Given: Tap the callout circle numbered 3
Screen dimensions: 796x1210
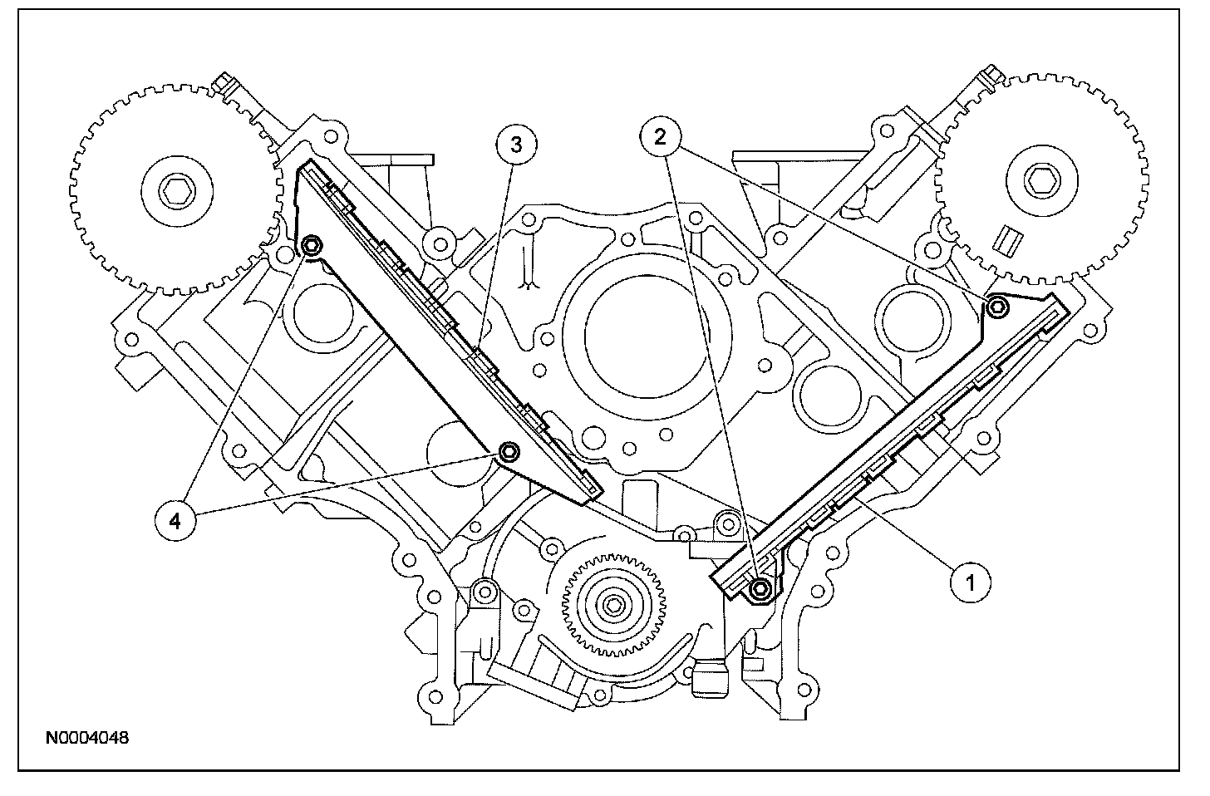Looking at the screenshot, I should [x=516, y=145].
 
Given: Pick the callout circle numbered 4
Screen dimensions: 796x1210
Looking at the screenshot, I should [x=174, y=519].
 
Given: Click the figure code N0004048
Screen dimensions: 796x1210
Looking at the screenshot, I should [x=87, y=737].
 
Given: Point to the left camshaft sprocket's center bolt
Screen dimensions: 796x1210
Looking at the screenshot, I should [x=175, y=194].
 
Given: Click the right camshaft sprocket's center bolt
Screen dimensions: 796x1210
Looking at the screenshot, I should [x=1037, y=177].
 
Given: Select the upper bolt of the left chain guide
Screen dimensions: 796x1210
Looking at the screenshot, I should [x=312, y=245].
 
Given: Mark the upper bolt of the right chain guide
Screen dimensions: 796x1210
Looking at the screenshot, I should [x=997, y=307].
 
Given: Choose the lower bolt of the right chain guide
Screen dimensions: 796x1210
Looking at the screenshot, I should [x=760, y=590].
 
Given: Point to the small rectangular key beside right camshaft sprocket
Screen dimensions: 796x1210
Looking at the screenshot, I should [x=1008, y=238].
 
